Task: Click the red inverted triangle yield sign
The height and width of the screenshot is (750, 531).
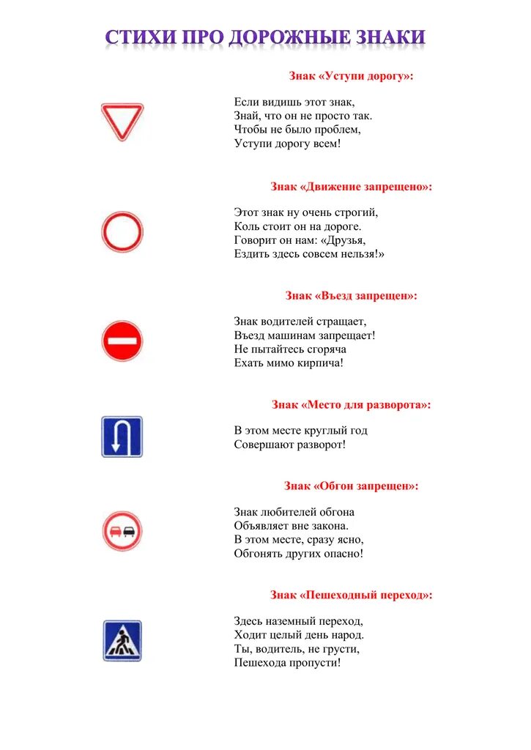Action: click(x=122, y=121)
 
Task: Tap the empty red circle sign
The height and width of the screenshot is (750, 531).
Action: click(x=122, y=232)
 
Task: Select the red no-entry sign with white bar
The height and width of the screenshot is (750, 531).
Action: click(x=122, y=341)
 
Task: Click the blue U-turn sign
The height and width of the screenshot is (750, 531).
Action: click(x=122, y=437)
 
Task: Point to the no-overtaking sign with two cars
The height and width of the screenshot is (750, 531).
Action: click(x=122, y=531)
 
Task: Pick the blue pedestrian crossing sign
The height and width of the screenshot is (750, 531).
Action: click(x=122, y=641)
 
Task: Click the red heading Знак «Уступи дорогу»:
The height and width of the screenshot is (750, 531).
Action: click(x=351, y=76)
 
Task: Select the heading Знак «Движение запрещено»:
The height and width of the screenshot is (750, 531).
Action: click(x=351, y=187)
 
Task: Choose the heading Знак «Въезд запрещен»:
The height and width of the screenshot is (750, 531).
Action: click(x=351, y=296)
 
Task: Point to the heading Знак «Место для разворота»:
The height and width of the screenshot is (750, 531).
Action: click(x=351, y=404)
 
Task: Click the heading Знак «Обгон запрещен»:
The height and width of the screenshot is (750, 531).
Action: click(x=351, y=486)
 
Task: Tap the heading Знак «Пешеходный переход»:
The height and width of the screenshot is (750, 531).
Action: click(x=351, y=595)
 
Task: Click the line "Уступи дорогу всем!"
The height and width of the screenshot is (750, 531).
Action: click(x=287, y=144)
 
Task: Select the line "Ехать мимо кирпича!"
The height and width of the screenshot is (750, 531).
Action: click(x=289, y=363)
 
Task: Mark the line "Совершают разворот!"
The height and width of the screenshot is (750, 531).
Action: click(x=289, y=445)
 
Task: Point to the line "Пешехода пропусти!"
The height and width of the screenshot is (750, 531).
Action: click(x=287, y=663)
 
